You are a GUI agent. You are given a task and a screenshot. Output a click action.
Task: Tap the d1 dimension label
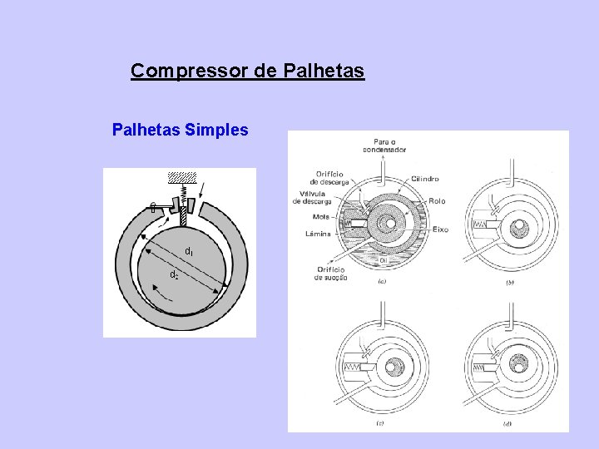tap(189, 251)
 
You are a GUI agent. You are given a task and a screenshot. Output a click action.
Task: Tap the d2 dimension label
tap(174, 274)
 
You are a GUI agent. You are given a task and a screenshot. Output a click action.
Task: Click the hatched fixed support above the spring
tap(181, 177)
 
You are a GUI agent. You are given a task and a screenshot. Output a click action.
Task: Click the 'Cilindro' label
tap(425, 178)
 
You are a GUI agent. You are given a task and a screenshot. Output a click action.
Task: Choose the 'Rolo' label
tap(438, 201)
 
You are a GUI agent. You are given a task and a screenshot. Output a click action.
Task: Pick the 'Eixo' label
tap(440, 229)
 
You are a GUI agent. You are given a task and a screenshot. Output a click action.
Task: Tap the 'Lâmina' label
tap(319, 234)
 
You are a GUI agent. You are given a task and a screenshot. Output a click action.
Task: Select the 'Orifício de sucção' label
tap(330, 273)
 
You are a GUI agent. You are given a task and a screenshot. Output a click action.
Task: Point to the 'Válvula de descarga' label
tap(312, 197)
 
